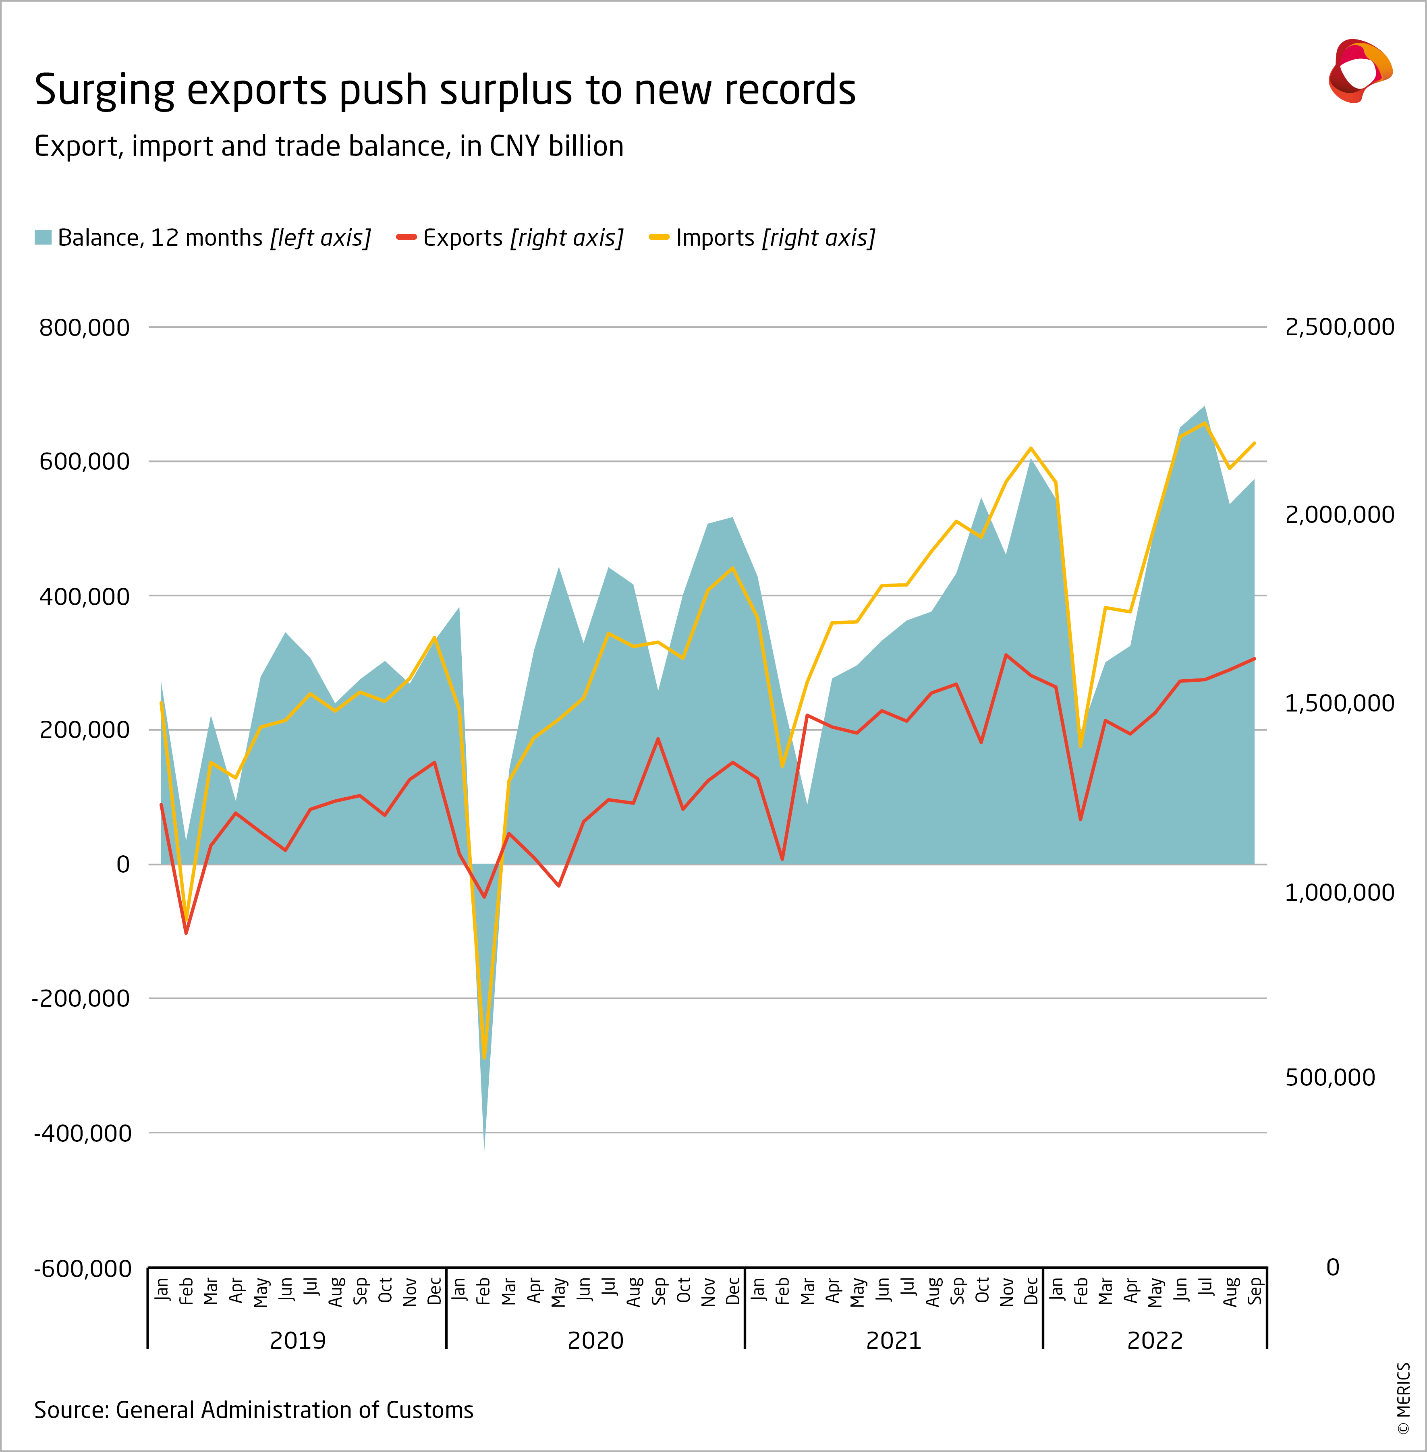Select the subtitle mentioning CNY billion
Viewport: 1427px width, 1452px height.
tap(328, 146)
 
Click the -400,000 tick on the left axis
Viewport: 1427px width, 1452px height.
tap(83, 1133)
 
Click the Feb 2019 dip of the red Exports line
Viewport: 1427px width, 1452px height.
tap(186, 933)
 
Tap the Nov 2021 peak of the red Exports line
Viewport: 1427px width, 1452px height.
tap(1006, 654)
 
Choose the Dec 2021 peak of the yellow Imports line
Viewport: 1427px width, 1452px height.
tap(1031, 448)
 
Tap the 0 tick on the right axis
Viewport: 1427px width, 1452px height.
tap(1333, 1267)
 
